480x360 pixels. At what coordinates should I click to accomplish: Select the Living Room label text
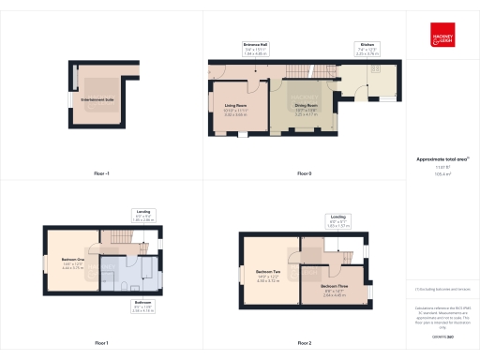[235, 111]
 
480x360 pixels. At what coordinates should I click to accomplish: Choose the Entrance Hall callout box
[256, 50]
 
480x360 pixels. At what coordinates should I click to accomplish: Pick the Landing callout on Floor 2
[337, 222]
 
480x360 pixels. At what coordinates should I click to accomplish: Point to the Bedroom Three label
[335, 289]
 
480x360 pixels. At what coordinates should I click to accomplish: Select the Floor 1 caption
[102, 342]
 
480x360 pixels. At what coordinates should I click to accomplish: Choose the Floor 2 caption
[304, 342]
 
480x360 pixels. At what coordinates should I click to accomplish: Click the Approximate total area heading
[442, 159]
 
